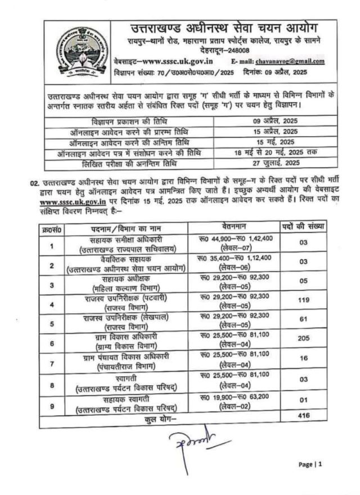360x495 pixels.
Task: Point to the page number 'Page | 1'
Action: (310, 465)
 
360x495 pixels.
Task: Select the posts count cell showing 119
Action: (304, 300)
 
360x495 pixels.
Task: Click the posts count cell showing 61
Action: (304, 322)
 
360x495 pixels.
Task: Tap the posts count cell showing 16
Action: (304, 363)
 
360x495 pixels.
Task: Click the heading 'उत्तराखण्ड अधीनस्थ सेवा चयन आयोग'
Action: (221, 28)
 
